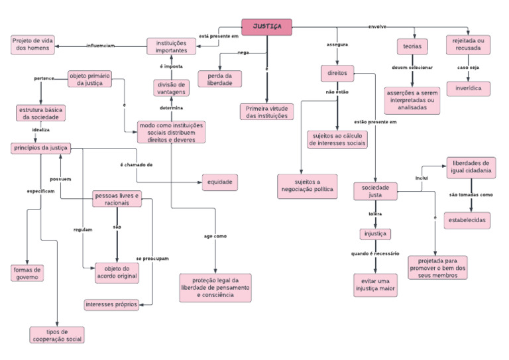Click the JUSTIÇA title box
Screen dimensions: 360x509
[266, 27]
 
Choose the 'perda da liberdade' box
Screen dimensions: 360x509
[219, 78]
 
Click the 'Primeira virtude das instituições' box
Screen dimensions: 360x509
[266, 111]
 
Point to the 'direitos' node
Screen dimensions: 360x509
[337, 72]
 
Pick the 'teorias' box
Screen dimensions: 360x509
[412, 46]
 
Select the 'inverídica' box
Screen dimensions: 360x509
[469, 88]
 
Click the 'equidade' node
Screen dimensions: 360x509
[219, 181]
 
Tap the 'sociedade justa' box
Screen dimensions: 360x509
[375, 192]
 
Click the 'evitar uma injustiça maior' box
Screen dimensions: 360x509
[375, 283]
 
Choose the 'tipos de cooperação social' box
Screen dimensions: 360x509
[58, 335]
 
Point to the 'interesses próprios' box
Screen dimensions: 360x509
[111, 304]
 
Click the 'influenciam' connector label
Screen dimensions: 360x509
[100, 46]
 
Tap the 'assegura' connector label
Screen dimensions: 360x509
[337, 44]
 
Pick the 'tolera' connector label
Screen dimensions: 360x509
[375, 214]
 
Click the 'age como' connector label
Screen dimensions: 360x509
[215, 236]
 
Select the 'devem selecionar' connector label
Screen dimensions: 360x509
[412, 68]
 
